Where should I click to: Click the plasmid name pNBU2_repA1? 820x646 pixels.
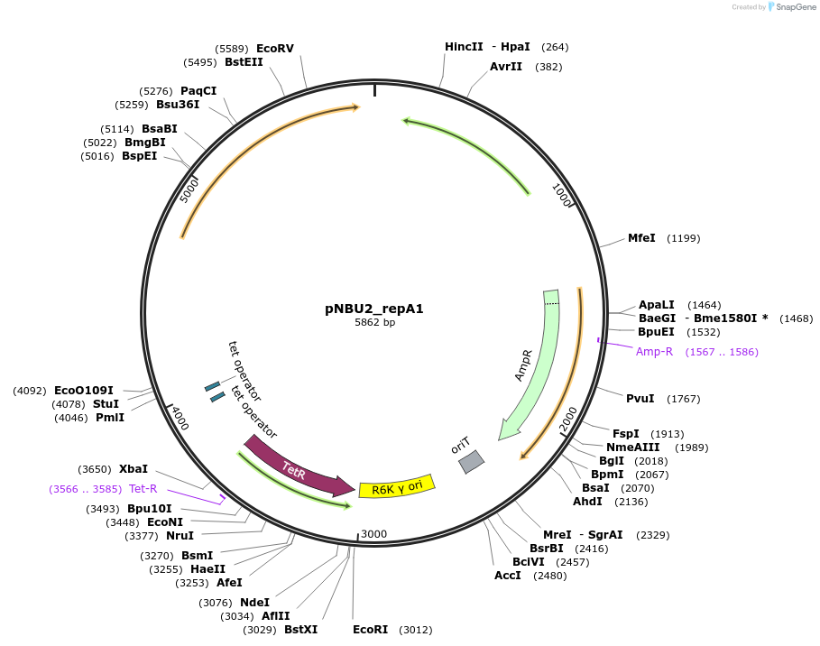point(374,309)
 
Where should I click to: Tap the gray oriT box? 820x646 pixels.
point(471,462)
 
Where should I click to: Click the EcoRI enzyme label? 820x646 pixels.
point(370,630)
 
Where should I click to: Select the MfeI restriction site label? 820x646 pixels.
point(641,238)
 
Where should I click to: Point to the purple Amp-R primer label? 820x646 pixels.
point(654,352)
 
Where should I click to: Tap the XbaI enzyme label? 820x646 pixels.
point(134,469)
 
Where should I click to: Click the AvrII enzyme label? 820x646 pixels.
point(506,67)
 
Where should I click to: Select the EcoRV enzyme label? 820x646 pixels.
point(275,49)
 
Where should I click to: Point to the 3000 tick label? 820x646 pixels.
point(373,534)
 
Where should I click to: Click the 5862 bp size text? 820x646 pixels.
point(374,322)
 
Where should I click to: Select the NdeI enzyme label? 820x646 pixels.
point(254,603)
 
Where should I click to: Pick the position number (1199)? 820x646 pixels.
point(683,238)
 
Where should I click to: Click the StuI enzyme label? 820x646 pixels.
point(106,404)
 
